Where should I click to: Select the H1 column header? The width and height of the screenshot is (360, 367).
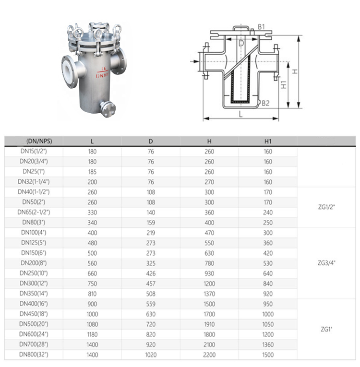coord(268,141)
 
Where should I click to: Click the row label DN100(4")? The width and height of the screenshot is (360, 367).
coord(35,233)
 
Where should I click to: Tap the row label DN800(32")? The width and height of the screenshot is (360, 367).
coord(34,355)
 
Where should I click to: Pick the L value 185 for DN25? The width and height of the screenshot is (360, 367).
coord(92,172)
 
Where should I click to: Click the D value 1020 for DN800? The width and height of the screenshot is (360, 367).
coord(151,355)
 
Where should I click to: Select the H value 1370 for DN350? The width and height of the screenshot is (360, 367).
coord(209,294)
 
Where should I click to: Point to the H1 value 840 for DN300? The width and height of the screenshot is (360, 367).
coord(268,284)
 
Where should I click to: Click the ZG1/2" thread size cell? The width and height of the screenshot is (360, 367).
coord(326,207)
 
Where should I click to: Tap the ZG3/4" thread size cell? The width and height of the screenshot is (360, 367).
coord(326,263)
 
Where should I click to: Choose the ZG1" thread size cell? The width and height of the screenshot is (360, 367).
coord(326,329)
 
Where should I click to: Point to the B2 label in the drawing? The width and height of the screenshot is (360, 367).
coord(265,103)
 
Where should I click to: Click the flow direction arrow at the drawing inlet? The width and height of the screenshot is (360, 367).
coord(194,61)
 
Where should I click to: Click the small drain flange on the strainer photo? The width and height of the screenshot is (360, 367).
coord(106,108)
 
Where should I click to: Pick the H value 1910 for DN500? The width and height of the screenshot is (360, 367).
coord(209,324)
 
